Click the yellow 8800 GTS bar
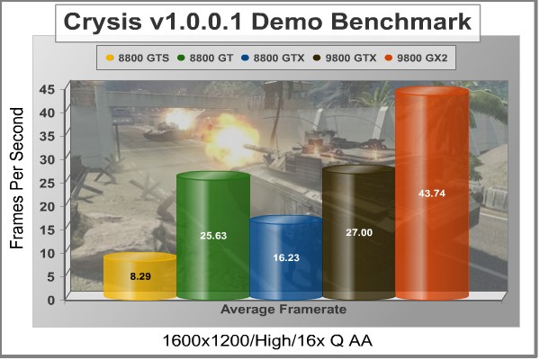140,275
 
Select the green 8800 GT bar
213,235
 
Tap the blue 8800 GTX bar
286,257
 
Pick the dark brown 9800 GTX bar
359,232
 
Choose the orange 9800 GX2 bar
432,193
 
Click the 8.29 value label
140,276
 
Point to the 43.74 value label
432,193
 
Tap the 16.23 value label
286,257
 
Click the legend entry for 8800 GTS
138,58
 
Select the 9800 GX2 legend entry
417,58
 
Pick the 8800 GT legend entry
205,58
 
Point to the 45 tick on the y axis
47,90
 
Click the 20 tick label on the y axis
47,206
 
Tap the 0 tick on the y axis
51,300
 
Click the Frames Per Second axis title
16,178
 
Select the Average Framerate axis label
283,309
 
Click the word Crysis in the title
103,22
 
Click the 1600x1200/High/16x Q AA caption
267,341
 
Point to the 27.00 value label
359,232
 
